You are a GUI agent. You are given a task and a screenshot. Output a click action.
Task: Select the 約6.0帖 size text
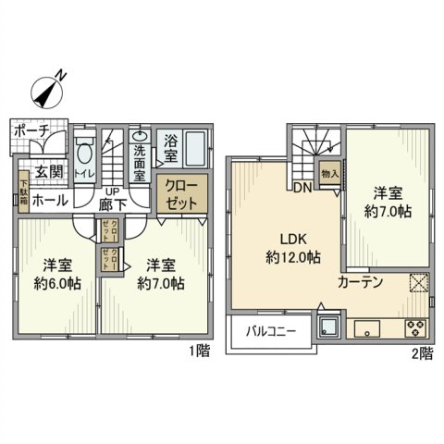point(57,282)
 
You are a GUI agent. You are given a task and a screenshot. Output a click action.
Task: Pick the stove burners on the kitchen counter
point(413,327)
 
